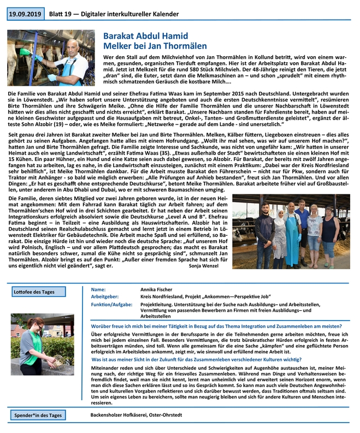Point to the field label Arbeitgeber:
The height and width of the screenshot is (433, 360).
(106, 296)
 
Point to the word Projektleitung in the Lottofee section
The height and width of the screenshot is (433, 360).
(156, 304)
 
